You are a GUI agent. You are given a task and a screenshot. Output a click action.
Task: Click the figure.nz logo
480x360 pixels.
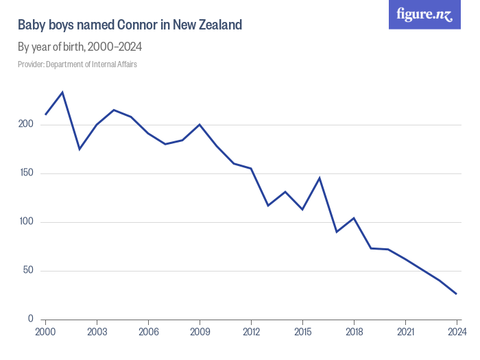click(425, 15)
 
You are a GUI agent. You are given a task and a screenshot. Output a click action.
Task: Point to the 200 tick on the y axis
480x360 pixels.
click(25, 125)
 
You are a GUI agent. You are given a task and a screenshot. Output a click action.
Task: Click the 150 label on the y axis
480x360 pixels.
click(25, 173)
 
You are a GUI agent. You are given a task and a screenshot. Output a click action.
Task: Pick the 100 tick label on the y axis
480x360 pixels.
click(25, 222)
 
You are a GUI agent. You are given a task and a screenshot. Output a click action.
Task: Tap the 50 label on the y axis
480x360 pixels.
click(27, 271)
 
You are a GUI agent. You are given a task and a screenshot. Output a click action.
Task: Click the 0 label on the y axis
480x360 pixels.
click(30, 319)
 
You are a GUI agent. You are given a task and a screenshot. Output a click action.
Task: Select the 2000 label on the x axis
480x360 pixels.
click(45, 331)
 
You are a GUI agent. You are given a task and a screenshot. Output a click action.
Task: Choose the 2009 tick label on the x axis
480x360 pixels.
click(200, 331)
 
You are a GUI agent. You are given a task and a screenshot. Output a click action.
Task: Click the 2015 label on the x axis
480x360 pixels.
click(302, 331)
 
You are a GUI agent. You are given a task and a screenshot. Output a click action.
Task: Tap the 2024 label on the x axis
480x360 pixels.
click(457, 331)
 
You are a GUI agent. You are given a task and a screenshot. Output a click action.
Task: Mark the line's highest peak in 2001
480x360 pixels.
click(62, 92)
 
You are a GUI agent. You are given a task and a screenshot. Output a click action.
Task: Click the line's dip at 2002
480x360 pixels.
click(80, 149)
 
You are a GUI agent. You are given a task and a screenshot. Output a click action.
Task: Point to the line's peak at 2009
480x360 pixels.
click(200, 125)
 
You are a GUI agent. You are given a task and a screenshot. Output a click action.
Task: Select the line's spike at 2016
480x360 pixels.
click(320, 178)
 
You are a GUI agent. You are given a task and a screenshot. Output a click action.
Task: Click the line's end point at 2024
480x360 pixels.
click(457, 294)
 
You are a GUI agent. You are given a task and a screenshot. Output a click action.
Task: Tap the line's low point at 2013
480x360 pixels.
click(268, 206)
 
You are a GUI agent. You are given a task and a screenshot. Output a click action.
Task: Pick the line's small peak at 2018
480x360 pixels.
click(354, 218)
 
